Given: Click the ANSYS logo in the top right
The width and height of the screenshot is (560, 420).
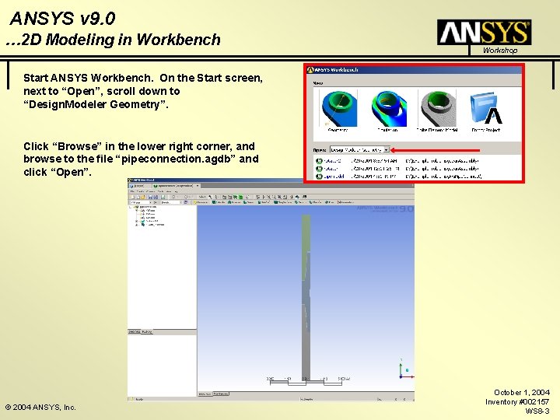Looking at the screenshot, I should click(x=484, y=32).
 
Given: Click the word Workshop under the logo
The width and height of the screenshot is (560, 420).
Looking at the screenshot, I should click(x=499, y=51).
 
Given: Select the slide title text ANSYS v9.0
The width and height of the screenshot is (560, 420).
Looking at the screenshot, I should click(x=64, y=17).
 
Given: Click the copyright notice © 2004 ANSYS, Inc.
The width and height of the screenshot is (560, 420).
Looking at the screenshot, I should click(x=40, y=407).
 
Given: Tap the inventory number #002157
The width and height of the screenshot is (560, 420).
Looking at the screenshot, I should click(x=533, y=401).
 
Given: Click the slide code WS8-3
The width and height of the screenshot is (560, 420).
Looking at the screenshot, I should click(x=537, y=411).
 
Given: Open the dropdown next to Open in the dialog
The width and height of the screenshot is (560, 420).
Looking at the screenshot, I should click(x=359, y=149).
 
